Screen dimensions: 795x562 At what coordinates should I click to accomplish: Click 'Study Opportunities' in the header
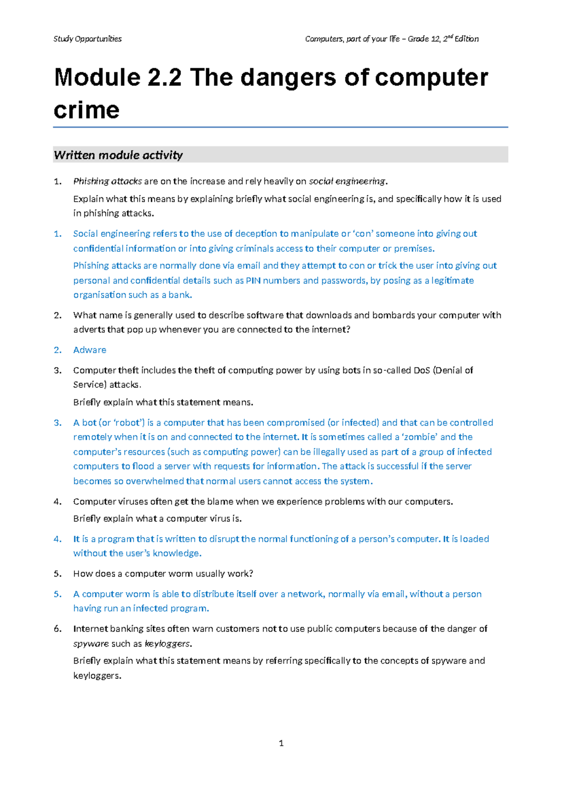[88, 39]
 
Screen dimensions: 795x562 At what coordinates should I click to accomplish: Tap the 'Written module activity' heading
[118, 155]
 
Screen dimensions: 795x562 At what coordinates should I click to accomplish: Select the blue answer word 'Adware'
[89, 350]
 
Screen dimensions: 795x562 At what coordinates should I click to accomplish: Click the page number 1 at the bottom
[281, 743]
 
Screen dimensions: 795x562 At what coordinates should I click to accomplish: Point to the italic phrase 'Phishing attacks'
[107, 181]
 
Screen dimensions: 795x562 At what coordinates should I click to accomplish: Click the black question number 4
[58, 502]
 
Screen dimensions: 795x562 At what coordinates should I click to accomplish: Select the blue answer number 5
[58, 594]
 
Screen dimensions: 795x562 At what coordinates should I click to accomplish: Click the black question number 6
[58, 629]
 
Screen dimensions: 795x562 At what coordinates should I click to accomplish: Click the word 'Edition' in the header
[466, 39]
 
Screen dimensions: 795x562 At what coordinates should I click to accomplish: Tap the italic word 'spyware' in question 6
[91, 644]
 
